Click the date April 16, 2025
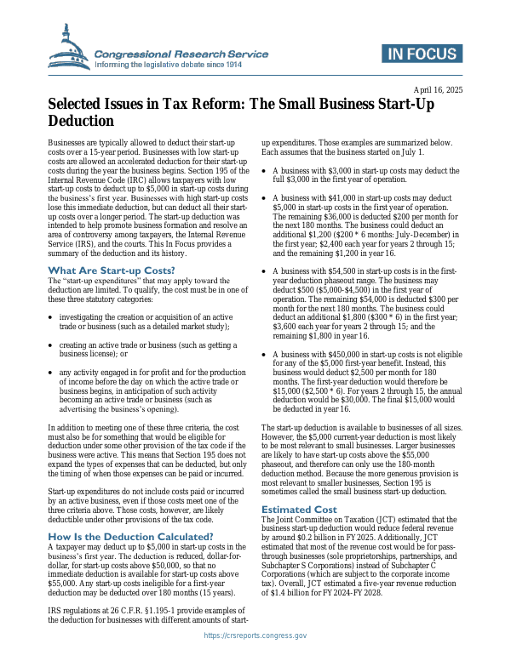tap(439, 90)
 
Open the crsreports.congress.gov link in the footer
tap(255, 635)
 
